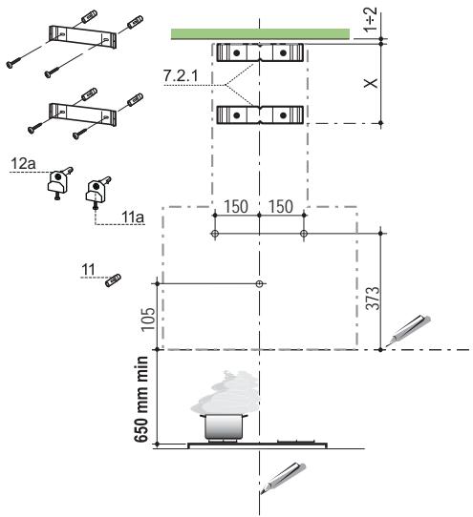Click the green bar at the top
pos(260,34)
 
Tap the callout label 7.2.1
pos(181,76)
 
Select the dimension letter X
pos(371,83)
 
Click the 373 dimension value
pos(374,299)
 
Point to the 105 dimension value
pos(148,320)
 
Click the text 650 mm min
pos(141,400)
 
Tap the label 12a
pos(24,164)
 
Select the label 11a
pos(133,217)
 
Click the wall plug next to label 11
pos(113,280)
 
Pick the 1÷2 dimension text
pos(370,19)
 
